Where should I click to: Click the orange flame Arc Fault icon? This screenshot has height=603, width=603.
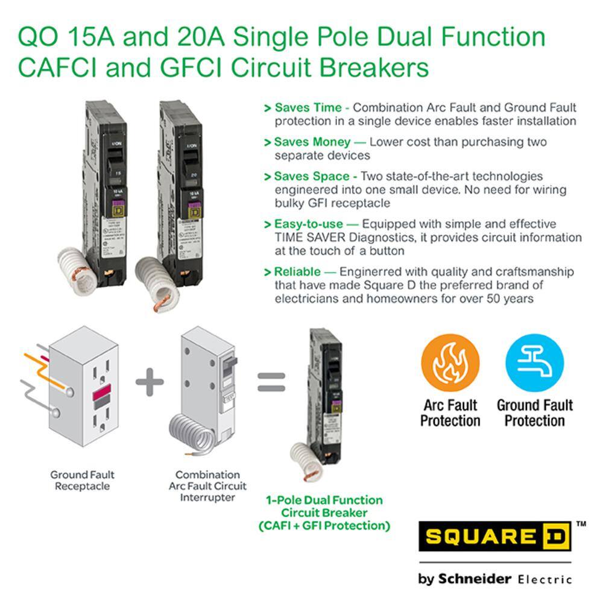450,364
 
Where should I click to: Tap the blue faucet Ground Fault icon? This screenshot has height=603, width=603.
534,364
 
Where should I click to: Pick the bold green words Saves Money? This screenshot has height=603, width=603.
312,142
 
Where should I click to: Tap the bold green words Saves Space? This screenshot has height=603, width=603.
311,177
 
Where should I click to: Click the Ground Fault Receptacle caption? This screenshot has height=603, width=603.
82,481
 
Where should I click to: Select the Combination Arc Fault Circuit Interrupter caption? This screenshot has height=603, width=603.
207,486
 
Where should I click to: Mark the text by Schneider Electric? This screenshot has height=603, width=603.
494,579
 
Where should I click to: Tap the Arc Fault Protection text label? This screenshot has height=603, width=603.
450,413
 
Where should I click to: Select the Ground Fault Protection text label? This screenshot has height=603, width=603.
534,413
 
